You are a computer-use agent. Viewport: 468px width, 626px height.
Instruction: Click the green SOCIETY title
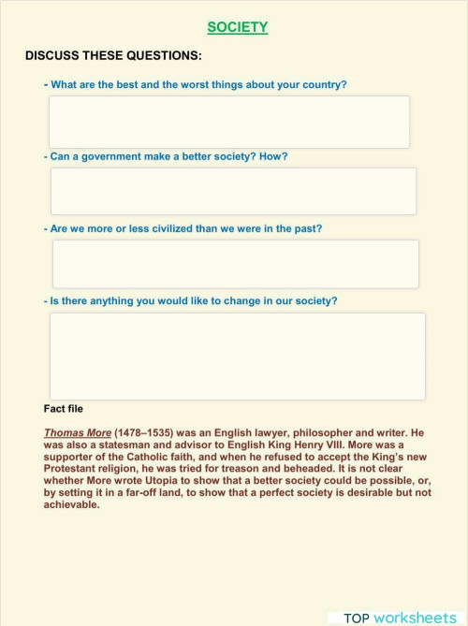(x=237, y=28)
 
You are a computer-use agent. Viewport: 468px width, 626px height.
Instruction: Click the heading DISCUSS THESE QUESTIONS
(x=112, y=56)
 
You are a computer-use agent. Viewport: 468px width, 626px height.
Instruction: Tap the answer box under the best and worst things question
(x=229, y=122)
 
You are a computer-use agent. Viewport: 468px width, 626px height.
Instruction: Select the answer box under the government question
(x=233, y=191)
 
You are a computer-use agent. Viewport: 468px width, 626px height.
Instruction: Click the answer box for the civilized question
(x=235, y=263)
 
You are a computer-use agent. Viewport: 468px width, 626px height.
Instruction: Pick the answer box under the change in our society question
(x=237, y=356)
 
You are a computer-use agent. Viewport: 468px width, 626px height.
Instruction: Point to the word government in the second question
(x=122, y=156)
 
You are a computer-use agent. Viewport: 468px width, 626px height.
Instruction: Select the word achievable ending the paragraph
(x=71, y=504)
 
